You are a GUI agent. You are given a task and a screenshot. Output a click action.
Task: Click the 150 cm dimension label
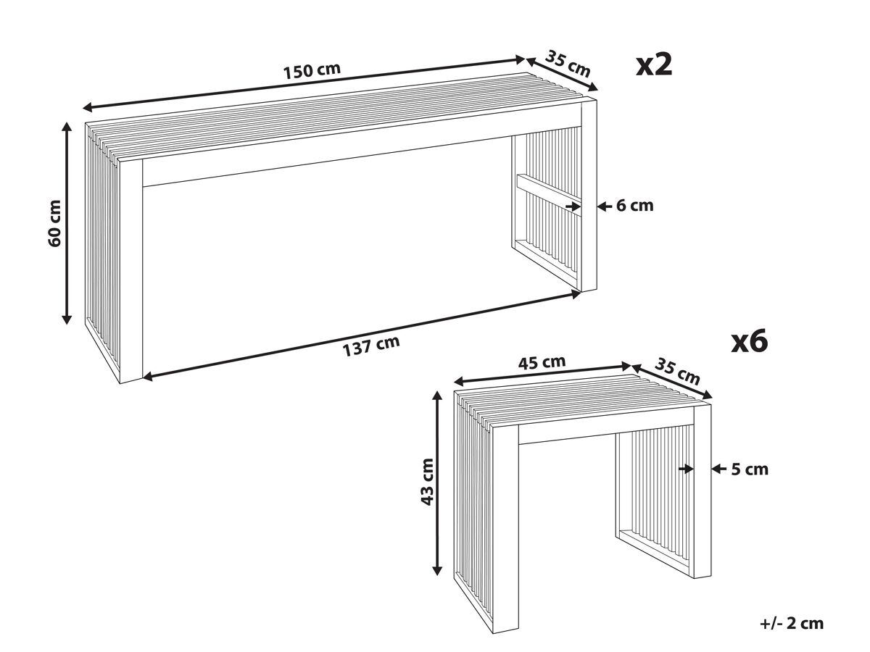point(312,71)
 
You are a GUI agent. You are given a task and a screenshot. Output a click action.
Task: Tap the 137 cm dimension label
point(371,346)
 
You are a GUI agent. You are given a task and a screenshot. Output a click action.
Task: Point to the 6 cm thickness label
point(634,206)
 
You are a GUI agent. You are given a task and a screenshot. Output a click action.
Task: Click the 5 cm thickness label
point(750,469)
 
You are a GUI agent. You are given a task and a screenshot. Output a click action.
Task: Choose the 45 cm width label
point(542,363)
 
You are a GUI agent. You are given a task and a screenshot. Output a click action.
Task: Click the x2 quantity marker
point(654,64)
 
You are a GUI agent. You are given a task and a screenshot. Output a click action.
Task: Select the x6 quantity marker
point(750,342)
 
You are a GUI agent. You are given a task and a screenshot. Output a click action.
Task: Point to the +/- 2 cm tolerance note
point(792,624)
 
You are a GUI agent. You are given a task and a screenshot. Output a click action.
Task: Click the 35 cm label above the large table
point(568,63)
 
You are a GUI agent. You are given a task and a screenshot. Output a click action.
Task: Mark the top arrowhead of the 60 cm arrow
point(67,128)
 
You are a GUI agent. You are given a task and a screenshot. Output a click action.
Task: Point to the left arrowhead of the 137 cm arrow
point(148,377)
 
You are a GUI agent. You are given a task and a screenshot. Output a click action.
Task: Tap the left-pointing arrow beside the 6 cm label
point(604,206)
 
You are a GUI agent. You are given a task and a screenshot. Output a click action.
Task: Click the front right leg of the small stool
point(703,491)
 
